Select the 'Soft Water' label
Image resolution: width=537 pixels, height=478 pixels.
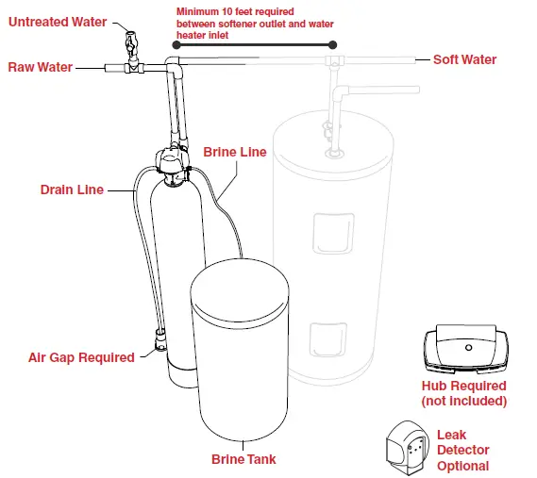point(464,59)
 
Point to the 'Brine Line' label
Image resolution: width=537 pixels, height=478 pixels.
point(235,151)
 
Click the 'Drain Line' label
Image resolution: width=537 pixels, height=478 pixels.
point(72,190)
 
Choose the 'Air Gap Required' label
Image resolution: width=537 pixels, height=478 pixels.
point(82,357)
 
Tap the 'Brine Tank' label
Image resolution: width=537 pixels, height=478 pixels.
point(243,459)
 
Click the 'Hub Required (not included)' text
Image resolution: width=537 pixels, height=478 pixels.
point(463,393)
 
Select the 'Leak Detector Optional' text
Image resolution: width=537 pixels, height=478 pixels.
point(463,451)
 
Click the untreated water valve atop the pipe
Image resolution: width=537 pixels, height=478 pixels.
point(130,42)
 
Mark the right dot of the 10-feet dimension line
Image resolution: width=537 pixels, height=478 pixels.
point(332,44)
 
